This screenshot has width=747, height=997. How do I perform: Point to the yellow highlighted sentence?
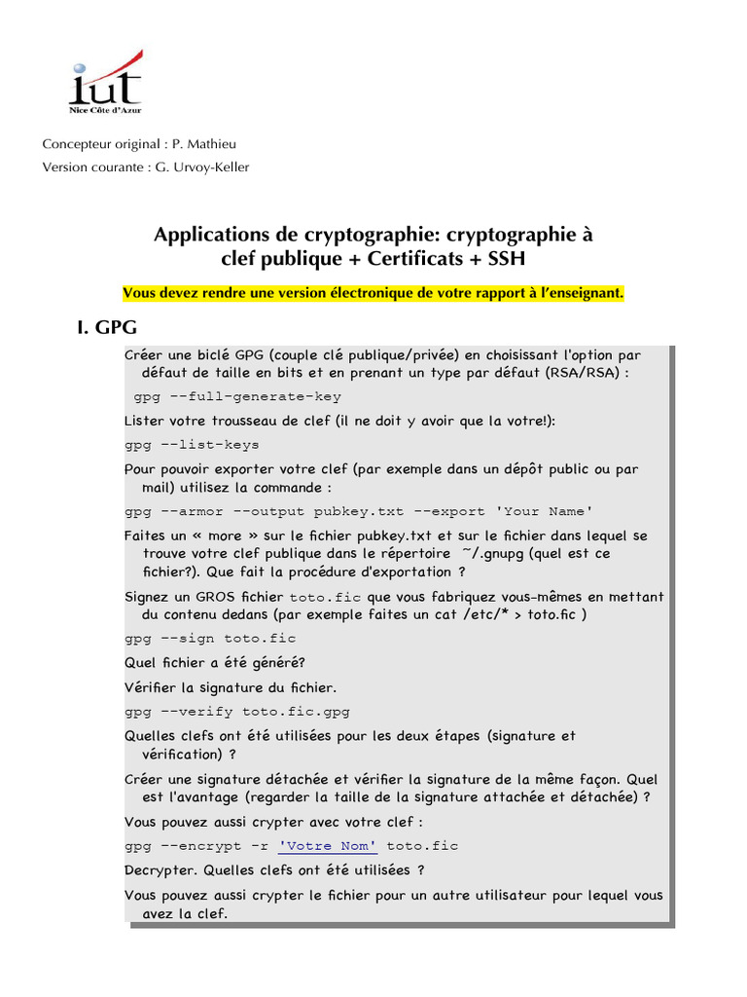(x=373, y=293)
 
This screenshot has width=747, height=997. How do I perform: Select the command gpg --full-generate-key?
(x=237, y=396)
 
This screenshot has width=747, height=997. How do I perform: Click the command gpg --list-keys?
(x=192, y=444)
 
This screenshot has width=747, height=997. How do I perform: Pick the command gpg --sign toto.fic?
(x=210, y=638)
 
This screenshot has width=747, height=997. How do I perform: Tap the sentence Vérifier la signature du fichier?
(x=231, y=686)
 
